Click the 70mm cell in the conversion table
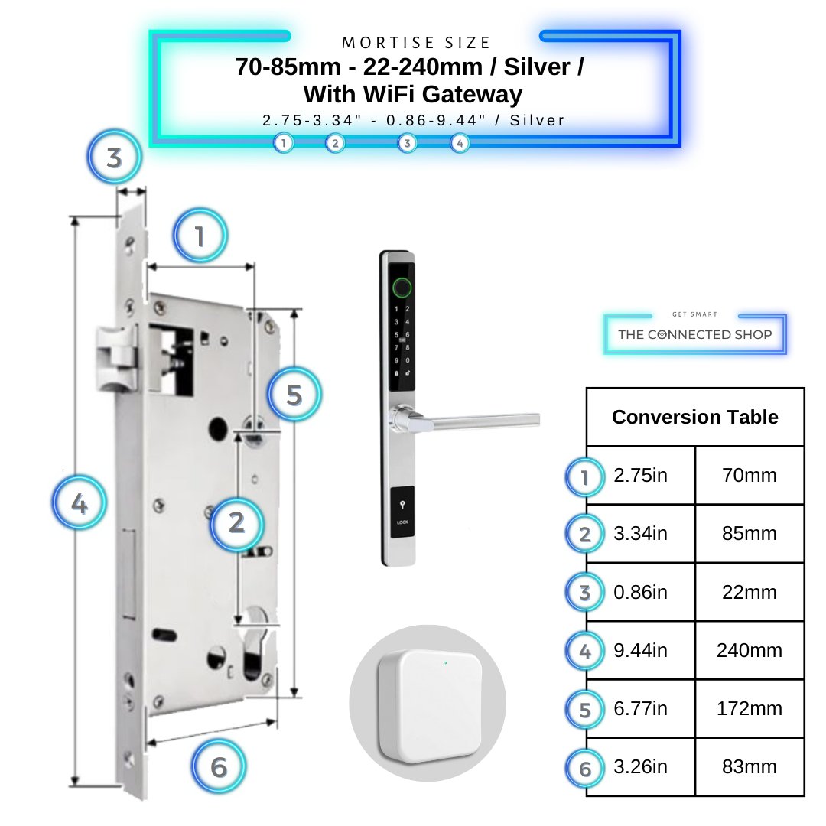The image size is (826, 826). click(749, 476)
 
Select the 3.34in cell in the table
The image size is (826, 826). click(641, 534)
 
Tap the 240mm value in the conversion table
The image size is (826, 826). click(749, 651)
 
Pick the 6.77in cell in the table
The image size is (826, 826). click(641, 709)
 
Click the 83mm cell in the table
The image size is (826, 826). click(749, 767)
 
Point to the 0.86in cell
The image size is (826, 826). click(641, 593)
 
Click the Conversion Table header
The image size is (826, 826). click(694, 417)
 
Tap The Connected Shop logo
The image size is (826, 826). click(694, 334)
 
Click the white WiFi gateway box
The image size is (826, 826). click(428, 702)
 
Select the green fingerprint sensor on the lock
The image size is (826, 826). click(401, 288)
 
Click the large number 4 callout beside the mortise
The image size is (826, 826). click(79, 504)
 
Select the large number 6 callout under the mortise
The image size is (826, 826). click(219, 766)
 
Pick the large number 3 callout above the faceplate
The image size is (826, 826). click(114, 158)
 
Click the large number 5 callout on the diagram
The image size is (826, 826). click(294, 395)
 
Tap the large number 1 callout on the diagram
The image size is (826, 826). click(200, 236)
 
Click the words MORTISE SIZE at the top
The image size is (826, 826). click(416, 43)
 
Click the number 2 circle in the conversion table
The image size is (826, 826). click(585, 535)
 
